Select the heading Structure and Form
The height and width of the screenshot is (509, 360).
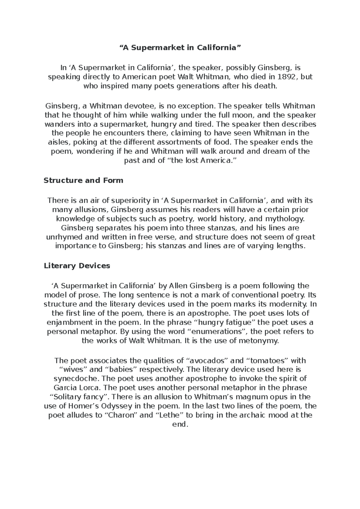[83, 180]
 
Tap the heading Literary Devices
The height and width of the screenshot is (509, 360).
[77, 266]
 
